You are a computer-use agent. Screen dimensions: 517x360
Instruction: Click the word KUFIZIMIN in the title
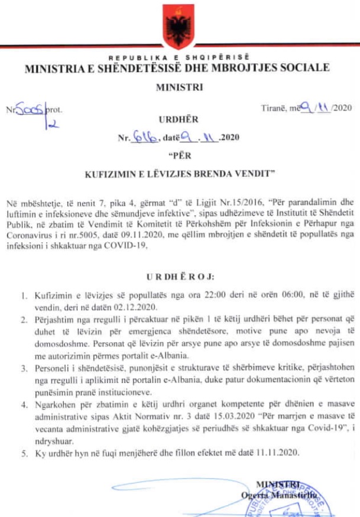tap(112, 174)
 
